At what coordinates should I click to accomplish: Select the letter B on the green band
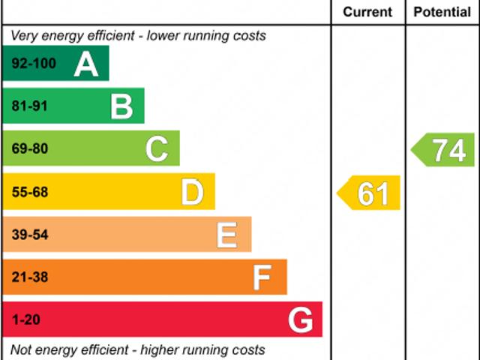[121, 106]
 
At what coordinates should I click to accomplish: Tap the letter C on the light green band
[157, 149]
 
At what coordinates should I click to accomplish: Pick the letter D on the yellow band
[193, 193]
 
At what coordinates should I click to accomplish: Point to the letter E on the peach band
[227, 235]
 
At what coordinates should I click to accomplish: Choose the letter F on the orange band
[262, 278]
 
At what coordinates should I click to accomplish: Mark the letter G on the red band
[301, 321]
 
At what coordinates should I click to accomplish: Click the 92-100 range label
[34, 64]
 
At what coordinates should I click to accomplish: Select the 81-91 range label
[30, 106]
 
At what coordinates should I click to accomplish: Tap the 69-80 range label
[30, 149]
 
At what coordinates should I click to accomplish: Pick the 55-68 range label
[30, 193]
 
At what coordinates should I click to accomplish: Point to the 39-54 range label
[30, 235]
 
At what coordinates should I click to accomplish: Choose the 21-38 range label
[30, 278]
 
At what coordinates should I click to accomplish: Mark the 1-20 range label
[26, 321]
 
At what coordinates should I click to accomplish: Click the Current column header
[367, 12]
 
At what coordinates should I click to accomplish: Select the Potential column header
[442, 12]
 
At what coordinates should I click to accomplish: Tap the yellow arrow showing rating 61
[370, 193]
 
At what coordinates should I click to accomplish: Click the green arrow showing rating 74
[444, 150]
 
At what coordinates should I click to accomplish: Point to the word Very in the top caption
[24, 36]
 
